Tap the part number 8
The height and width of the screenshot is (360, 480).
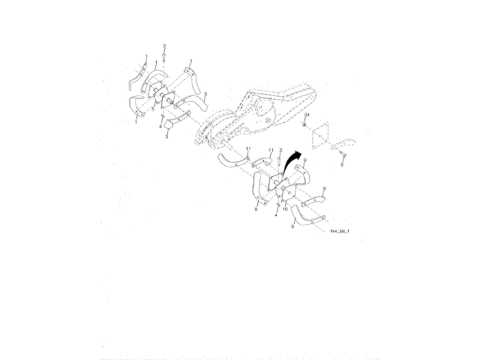coord(342,164)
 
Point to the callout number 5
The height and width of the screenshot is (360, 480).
coord(153,109)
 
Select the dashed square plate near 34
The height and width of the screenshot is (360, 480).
coord(319,136)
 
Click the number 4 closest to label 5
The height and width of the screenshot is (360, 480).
coord(160,127)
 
